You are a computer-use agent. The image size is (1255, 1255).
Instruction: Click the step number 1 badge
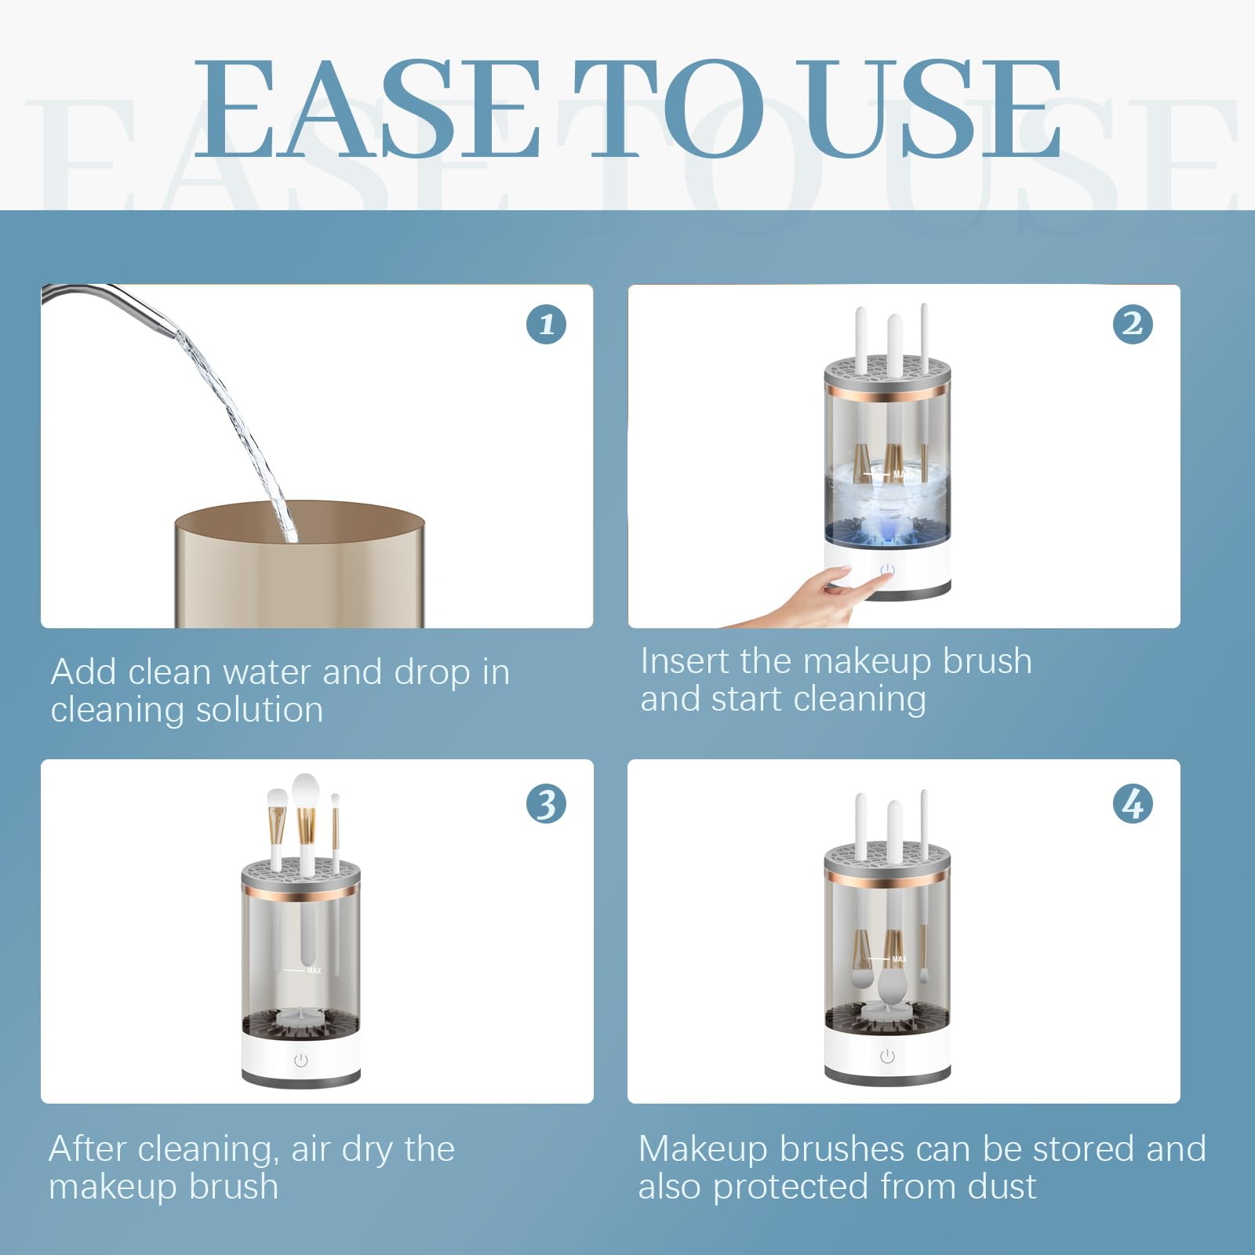point(547,324)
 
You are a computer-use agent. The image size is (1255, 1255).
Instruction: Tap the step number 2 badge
point(1133,324)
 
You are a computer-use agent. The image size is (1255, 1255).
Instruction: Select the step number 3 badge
point(547,804)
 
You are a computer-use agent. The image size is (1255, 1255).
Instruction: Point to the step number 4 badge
point(1133,804)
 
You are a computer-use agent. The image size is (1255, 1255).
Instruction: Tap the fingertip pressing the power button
point(885,578)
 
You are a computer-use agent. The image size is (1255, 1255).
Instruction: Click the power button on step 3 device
point(300,1060)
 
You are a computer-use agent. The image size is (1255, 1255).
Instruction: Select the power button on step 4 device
point(887,1057)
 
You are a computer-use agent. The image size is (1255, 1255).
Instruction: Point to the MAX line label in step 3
point(313,971)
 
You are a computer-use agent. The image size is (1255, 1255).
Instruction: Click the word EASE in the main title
point(365,110)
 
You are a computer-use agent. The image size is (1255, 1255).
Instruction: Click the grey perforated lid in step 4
point(887,857)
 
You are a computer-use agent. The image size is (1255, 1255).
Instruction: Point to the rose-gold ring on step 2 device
point(887,391)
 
